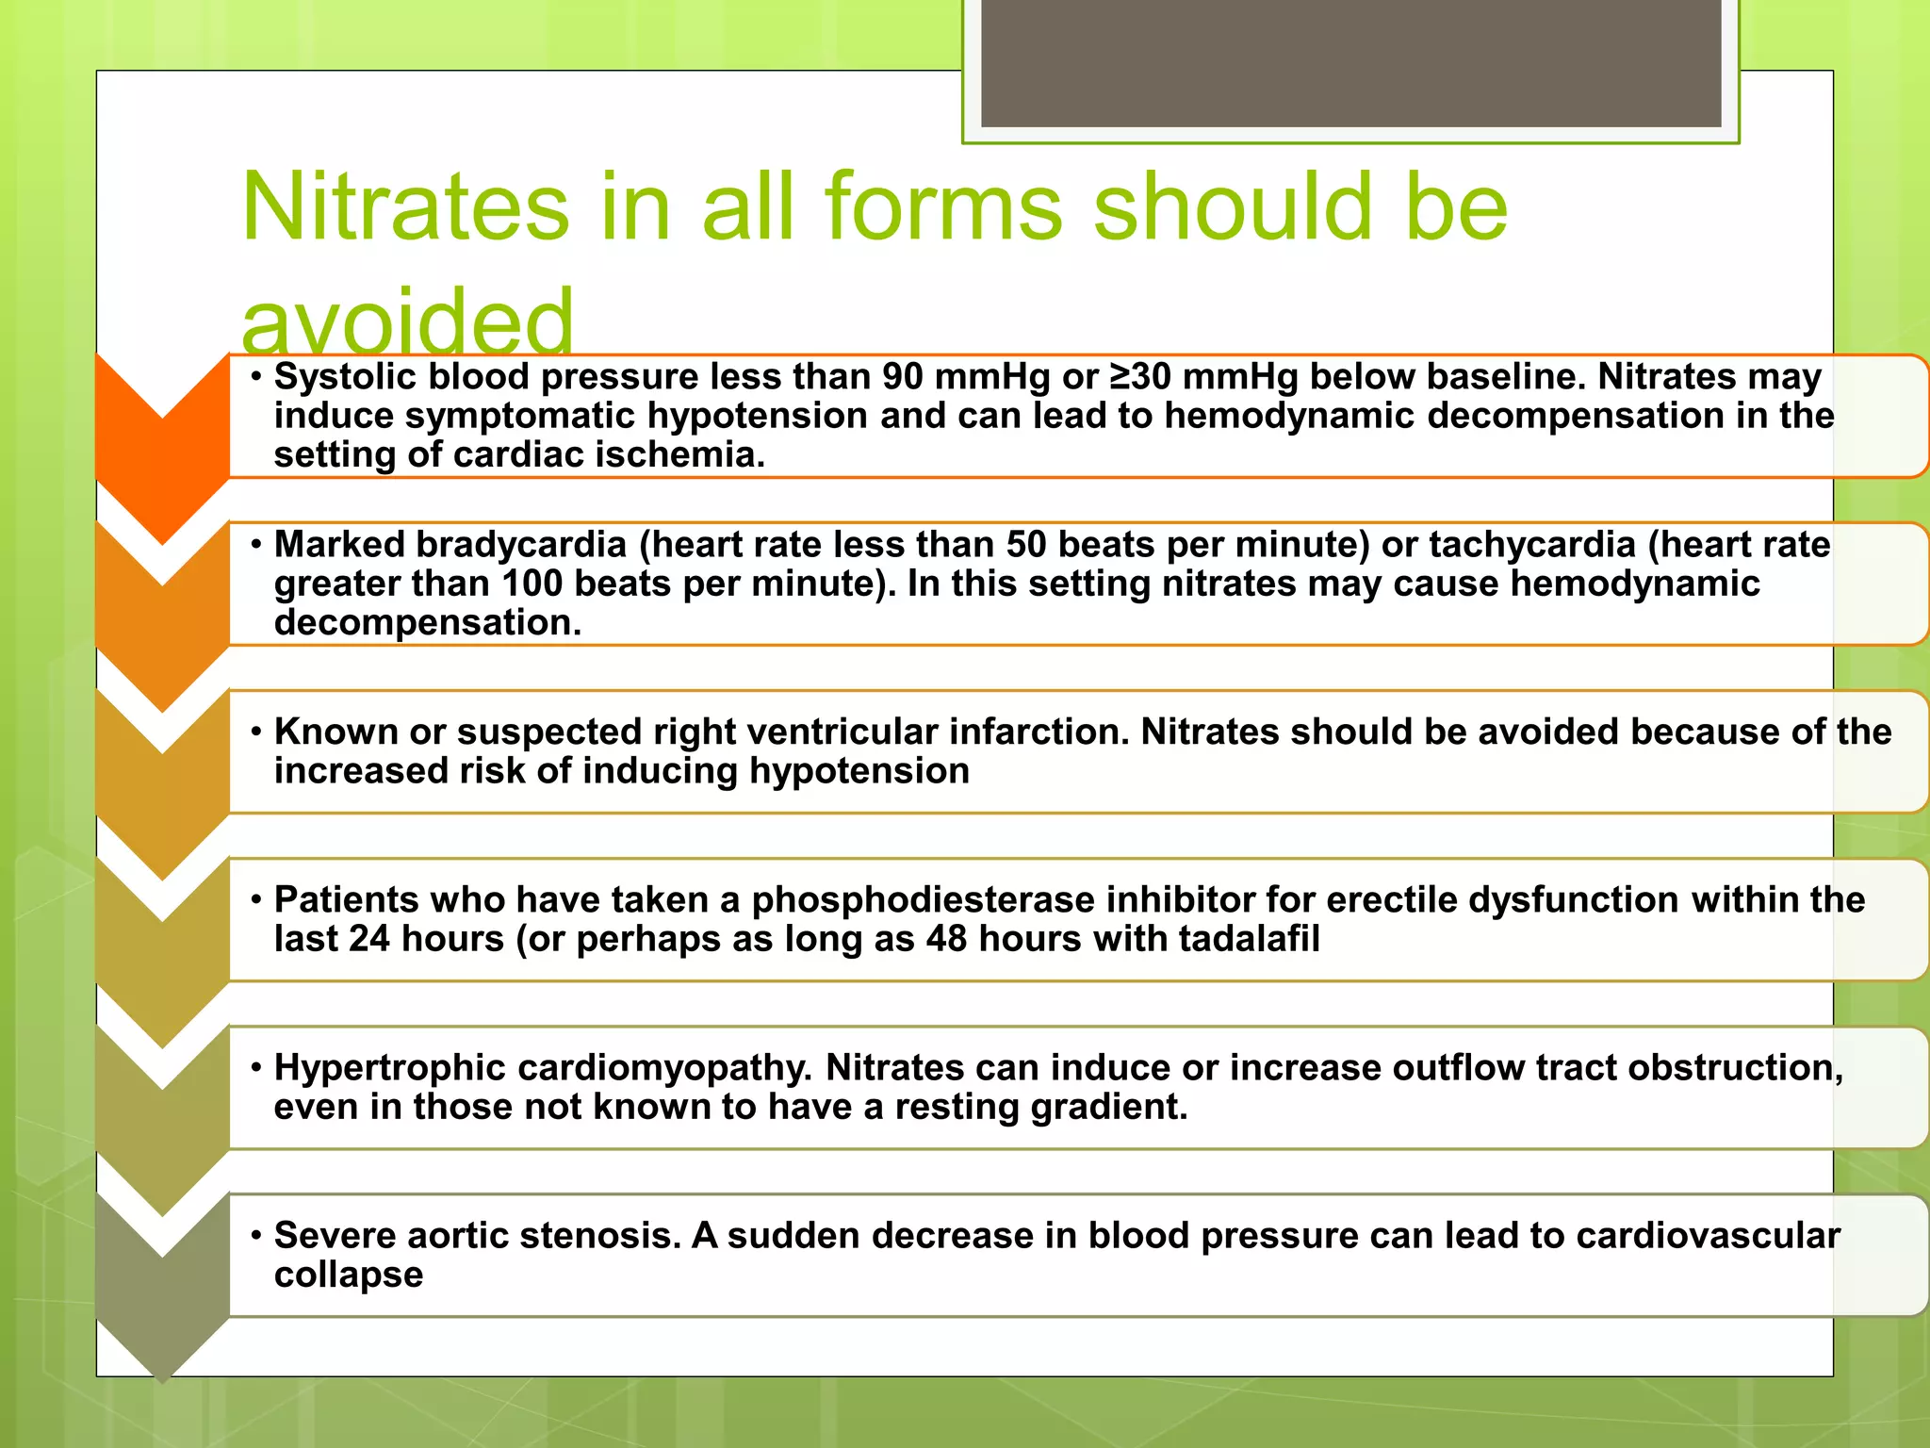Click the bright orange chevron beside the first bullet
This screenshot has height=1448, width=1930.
(162, 443)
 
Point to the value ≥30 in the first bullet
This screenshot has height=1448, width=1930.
(1140, 377)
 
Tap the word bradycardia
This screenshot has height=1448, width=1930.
(521, 545)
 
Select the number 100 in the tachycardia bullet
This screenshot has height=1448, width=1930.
(532, 584)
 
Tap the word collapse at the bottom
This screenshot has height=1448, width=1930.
(349, 1275)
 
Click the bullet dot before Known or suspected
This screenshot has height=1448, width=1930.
(255, 732)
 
